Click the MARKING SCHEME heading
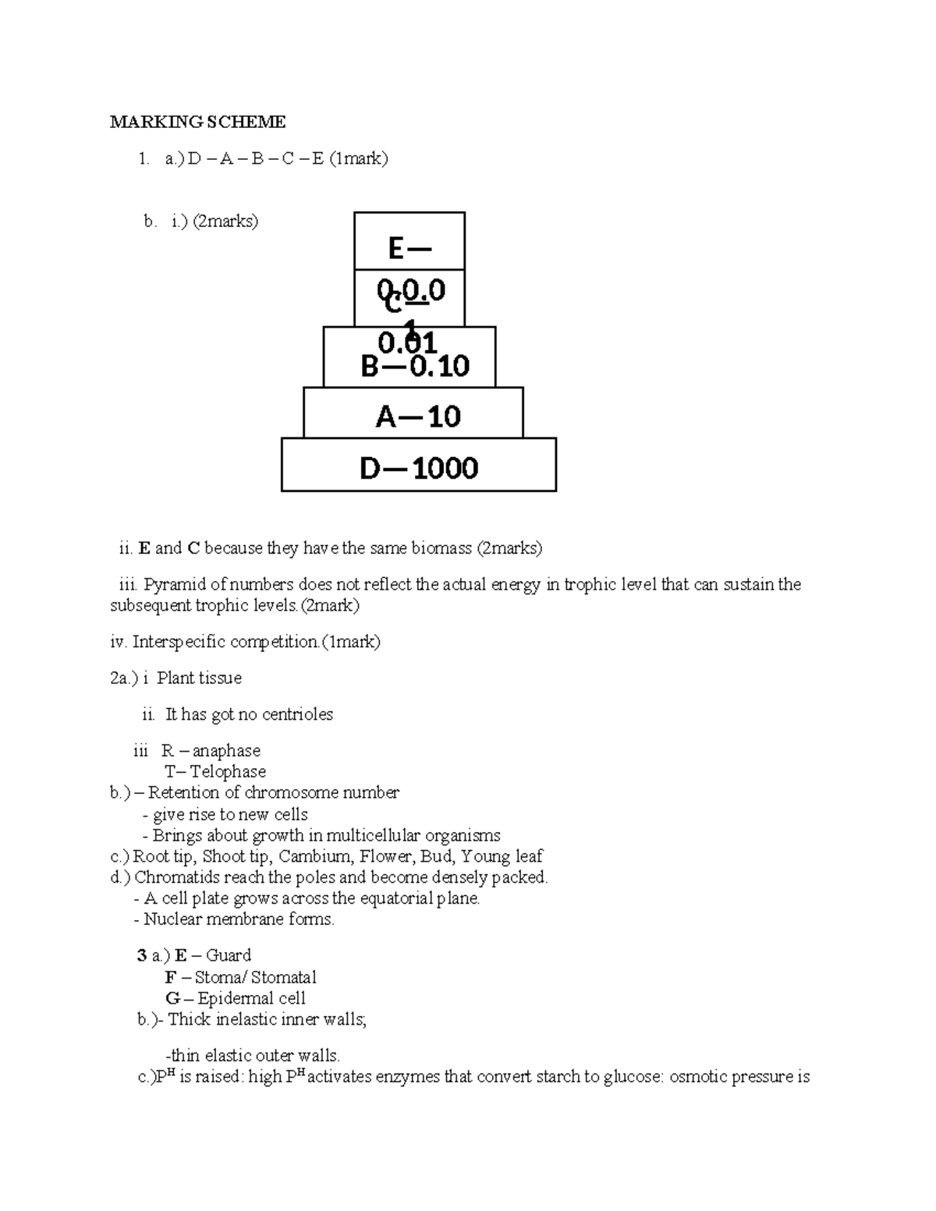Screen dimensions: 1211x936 [197, 122]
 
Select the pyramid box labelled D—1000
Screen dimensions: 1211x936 [419, 466]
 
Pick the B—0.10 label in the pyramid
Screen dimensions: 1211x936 [415, 366]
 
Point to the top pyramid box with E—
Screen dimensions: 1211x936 [409, 247]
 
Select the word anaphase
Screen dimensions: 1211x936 [226, 751]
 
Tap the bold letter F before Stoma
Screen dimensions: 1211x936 [170, 977]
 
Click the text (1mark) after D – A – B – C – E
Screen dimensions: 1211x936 [359, 159]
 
